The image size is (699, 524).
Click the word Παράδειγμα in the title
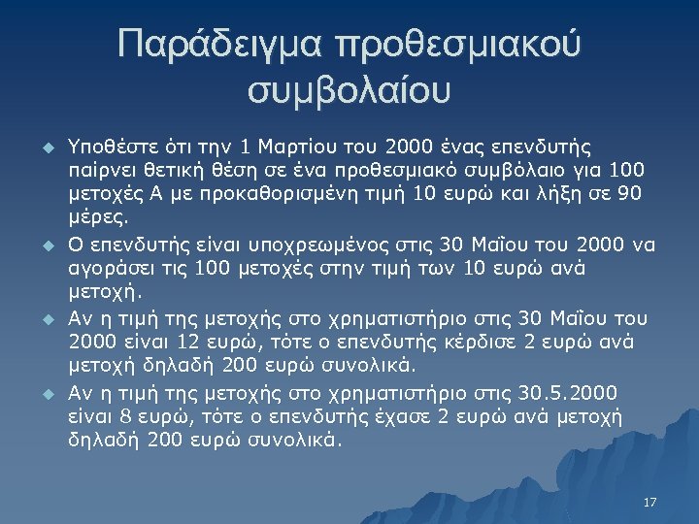click(x=216, y=47)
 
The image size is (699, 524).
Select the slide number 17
click(x=649, y=502)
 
